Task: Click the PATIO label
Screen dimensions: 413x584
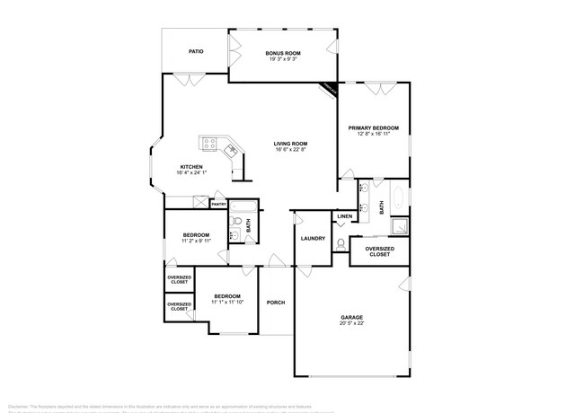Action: pos(196,51)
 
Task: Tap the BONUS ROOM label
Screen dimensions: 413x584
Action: pos(282,54)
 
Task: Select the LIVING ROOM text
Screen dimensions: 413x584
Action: pos(291,144)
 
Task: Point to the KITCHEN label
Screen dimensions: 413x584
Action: pos(191,166)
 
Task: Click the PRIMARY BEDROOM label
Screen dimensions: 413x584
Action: pos(373,128)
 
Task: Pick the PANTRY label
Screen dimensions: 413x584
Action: pos(218,205)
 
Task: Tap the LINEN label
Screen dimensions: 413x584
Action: pos(344,217)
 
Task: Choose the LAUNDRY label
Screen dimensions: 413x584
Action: pos(313,238)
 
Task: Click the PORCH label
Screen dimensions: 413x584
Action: pos(276,302)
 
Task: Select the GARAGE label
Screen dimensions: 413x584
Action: pos(351,317)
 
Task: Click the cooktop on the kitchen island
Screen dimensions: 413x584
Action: pos(211,142)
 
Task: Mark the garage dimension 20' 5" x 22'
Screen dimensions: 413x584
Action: pos(351,324)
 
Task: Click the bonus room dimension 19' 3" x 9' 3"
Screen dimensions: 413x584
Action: pos(282,60)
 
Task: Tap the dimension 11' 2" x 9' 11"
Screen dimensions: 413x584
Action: pos(196,241)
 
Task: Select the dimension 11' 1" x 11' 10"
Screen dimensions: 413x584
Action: pos(226,303)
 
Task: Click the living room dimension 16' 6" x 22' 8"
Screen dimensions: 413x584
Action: pos(291,150)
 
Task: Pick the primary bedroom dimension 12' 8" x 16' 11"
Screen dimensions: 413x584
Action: pos(373,135)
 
